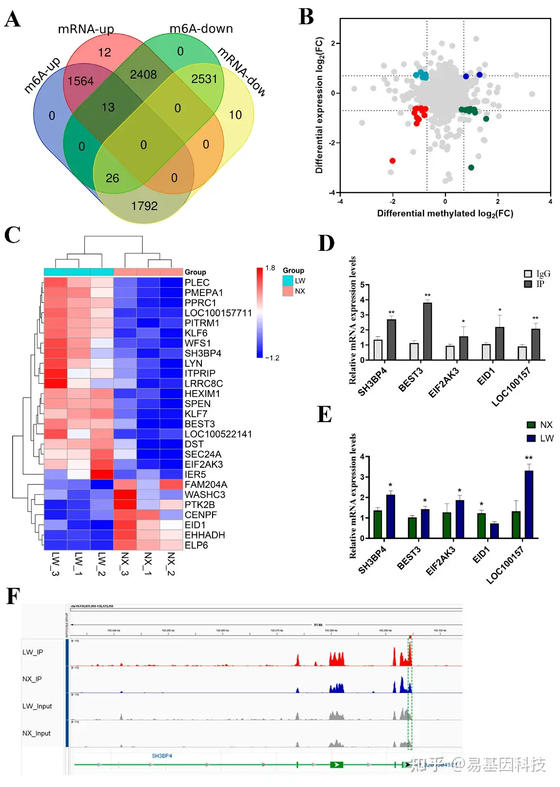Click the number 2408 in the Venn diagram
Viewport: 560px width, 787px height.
pos(143,74)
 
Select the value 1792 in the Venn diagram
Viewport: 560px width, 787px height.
pos(144,206)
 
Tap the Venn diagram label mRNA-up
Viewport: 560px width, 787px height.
pos(86,29)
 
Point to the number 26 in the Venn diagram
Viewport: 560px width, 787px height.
pos(112,178)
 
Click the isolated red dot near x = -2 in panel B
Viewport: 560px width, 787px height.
pos(392,161)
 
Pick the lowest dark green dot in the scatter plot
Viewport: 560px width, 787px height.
pos(471,167)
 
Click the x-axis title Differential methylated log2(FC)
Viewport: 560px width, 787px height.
pos(445,213)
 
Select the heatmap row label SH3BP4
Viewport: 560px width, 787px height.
pos(203,353)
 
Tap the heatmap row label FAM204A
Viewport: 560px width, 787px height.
pos(206,484)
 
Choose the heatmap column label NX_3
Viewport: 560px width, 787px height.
pos(125,564)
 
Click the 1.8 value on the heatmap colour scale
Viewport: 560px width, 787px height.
pos(270,268)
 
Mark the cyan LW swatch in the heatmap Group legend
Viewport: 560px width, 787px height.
pos(288,281)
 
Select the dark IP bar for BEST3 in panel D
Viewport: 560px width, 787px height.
pos(427,331)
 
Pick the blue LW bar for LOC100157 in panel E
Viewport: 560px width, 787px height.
pos(528,504)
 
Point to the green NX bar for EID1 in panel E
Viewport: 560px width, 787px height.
pos(481,525)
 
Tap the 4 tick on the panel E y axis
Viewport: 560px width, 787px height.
pos(362,457)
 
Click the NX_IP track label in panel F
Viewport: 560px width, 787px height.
pos(32,679)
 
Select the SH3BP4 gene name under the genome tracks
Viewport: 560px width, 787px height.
pos(162,756)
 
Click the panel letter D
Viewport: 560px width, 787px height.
pos(326,243)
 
